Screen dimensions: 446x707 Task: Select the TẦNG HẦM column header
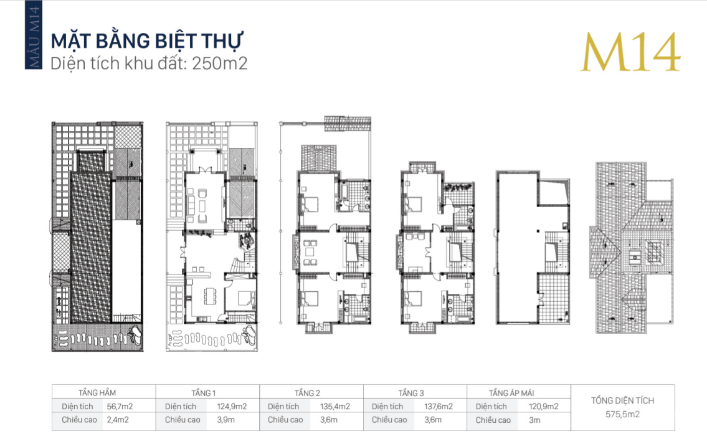[97, 393]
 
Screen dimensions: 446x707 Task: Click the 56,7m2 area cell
[120, 406]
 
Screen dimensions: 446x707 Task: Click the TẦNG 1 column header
[204, 393]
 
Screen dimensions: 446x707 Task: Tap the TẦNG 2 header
[308, 393]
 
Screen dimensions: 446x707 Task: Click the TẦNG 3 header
[411, 393]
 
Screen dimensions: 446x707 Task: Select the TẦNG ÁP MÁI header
[511, 393]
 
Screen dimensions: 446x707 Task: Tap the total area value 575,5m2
[623, 414]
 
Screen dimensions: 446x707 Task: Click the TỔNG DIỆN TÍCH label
[623, 401]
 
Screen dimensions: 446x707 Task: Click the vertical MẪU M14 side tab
[34, 36]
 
